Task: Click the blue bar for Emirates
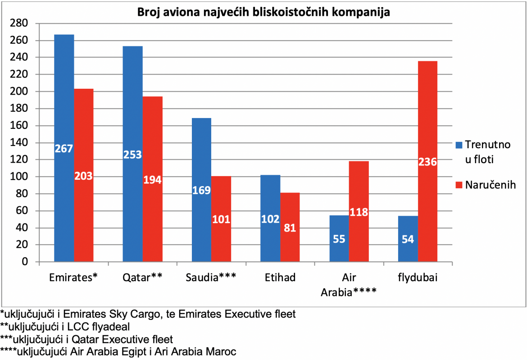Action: [x=64, y=148]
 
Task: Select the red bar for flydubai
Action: [x=427, y=161]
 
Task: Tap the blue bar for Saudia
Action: [x=201, y=190]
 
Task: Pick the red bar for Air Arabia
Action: [x=359, y=211]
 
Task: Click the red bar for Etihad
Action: [x=290, y=227]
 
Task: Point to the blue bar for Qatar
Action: [x=132, y=154]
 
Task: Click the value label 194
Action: [x=152, y=180]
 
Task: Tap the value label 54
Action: [x=408, y=239]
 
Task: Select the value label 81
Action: [x=290, y=228]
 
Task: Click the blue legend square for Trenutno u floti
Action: [x=459, y=145]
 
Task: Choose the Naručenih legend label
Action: [x=491, y=185]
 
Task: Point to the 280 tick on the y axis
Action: [x=19, y=23]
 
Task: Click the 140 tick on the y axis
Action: [x=19, y=142]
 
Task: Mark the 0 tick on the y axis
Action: [x=25, y=262]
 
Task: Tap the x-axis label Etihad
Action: [x=280, y=278]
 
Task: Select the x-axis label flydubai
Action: [x=418, y=278]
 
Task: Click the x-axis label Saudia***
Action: [x=211, y=277]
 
